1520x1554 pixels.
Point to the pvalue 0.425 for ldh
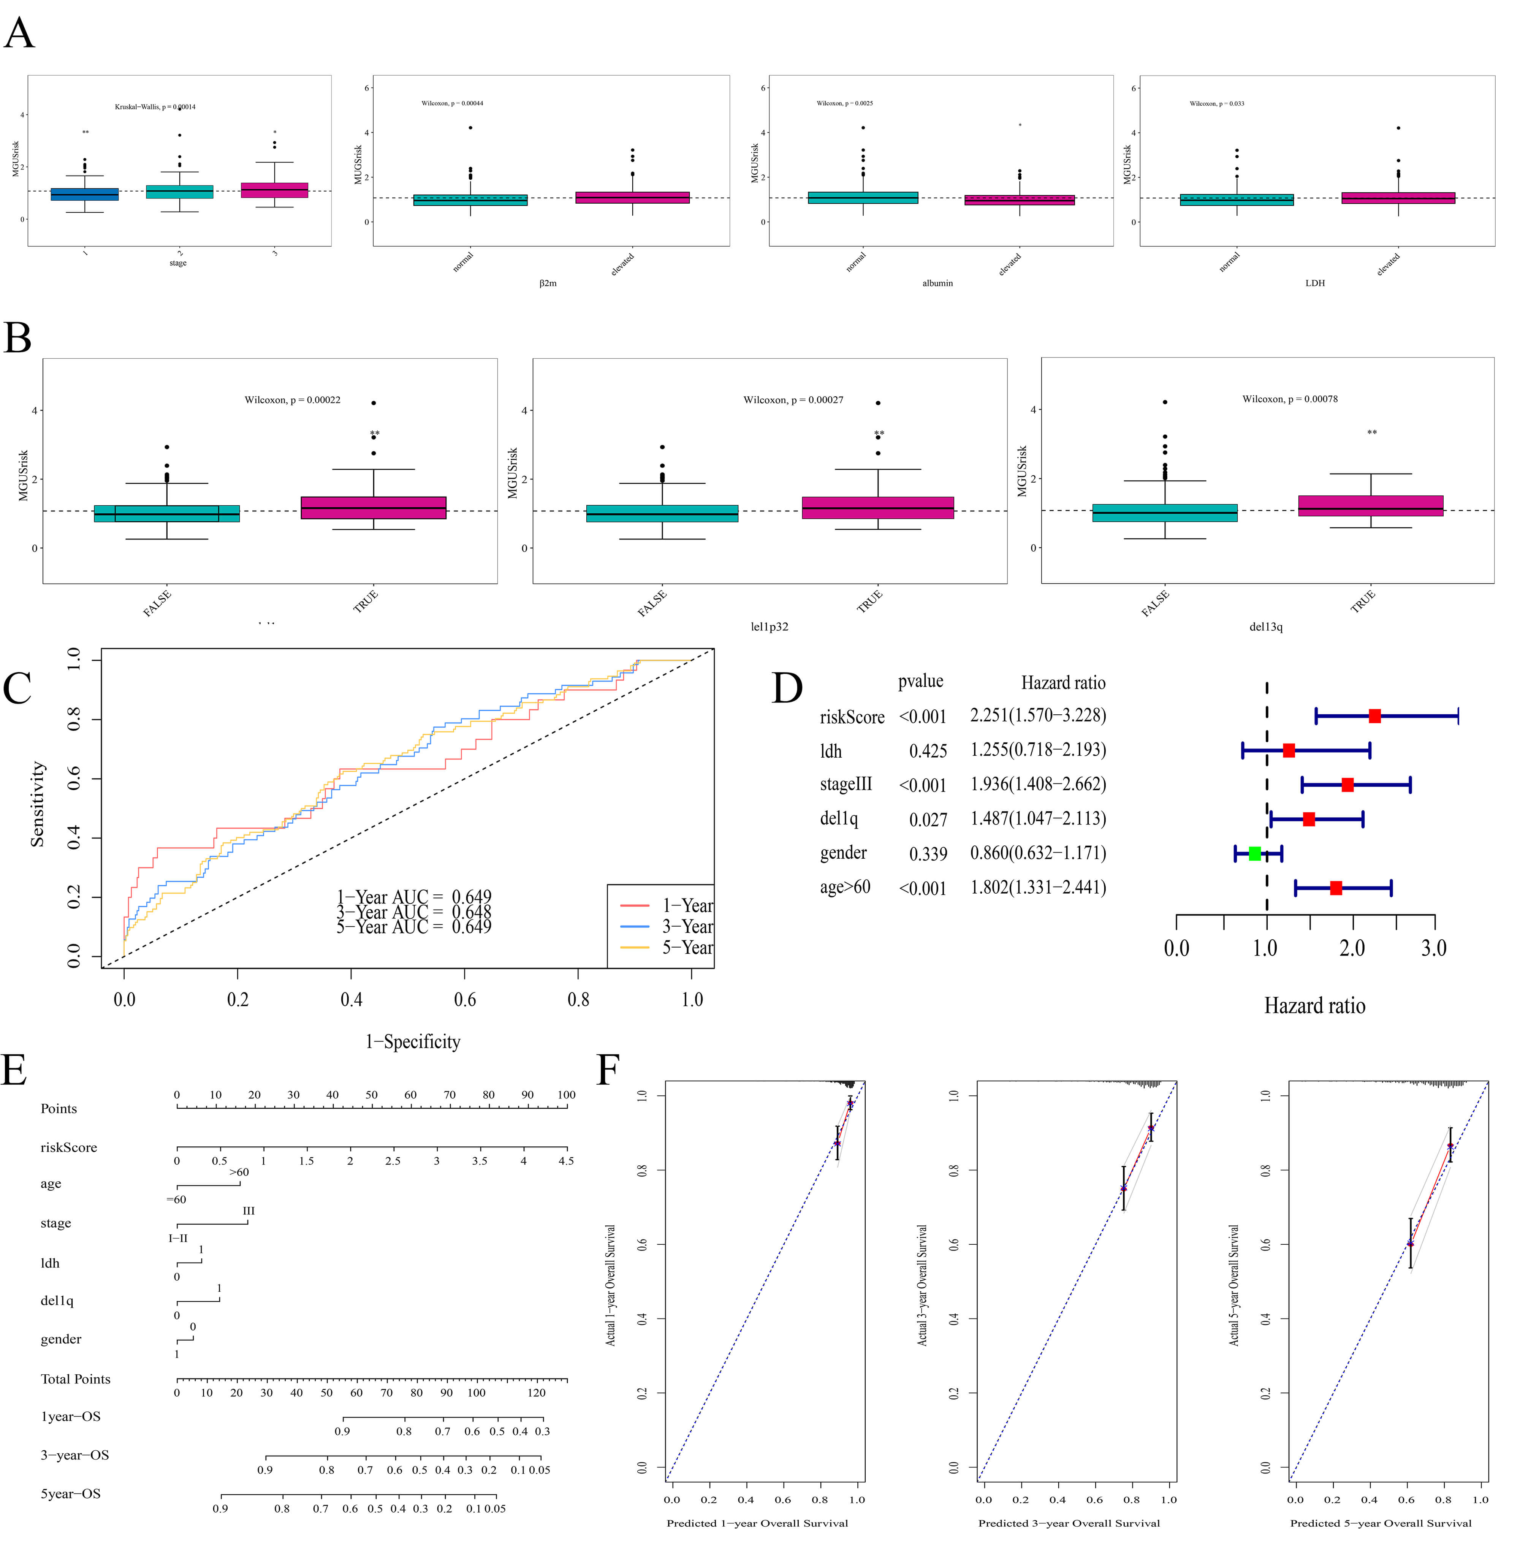pos(928,751)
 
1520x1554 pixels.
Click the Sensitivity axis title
pos(38,804)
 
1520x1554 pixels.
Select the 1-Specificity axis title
pos(413,1041)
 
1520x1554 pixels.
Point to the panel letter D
pos(786,688)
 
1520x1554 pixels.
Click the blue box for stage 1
pos(85,194)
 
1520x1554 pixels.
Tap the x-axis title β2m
pos(548,283)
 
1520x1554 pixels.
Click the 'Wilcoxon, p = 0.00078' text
pos(1290,399)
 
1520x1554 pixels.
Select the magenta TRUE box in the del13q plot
pos(1371,506)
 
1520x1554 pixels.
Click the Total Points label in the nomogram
pos(76,1379)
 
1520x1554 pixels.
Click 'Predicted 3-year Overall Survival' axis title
pos(1069,1523)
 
